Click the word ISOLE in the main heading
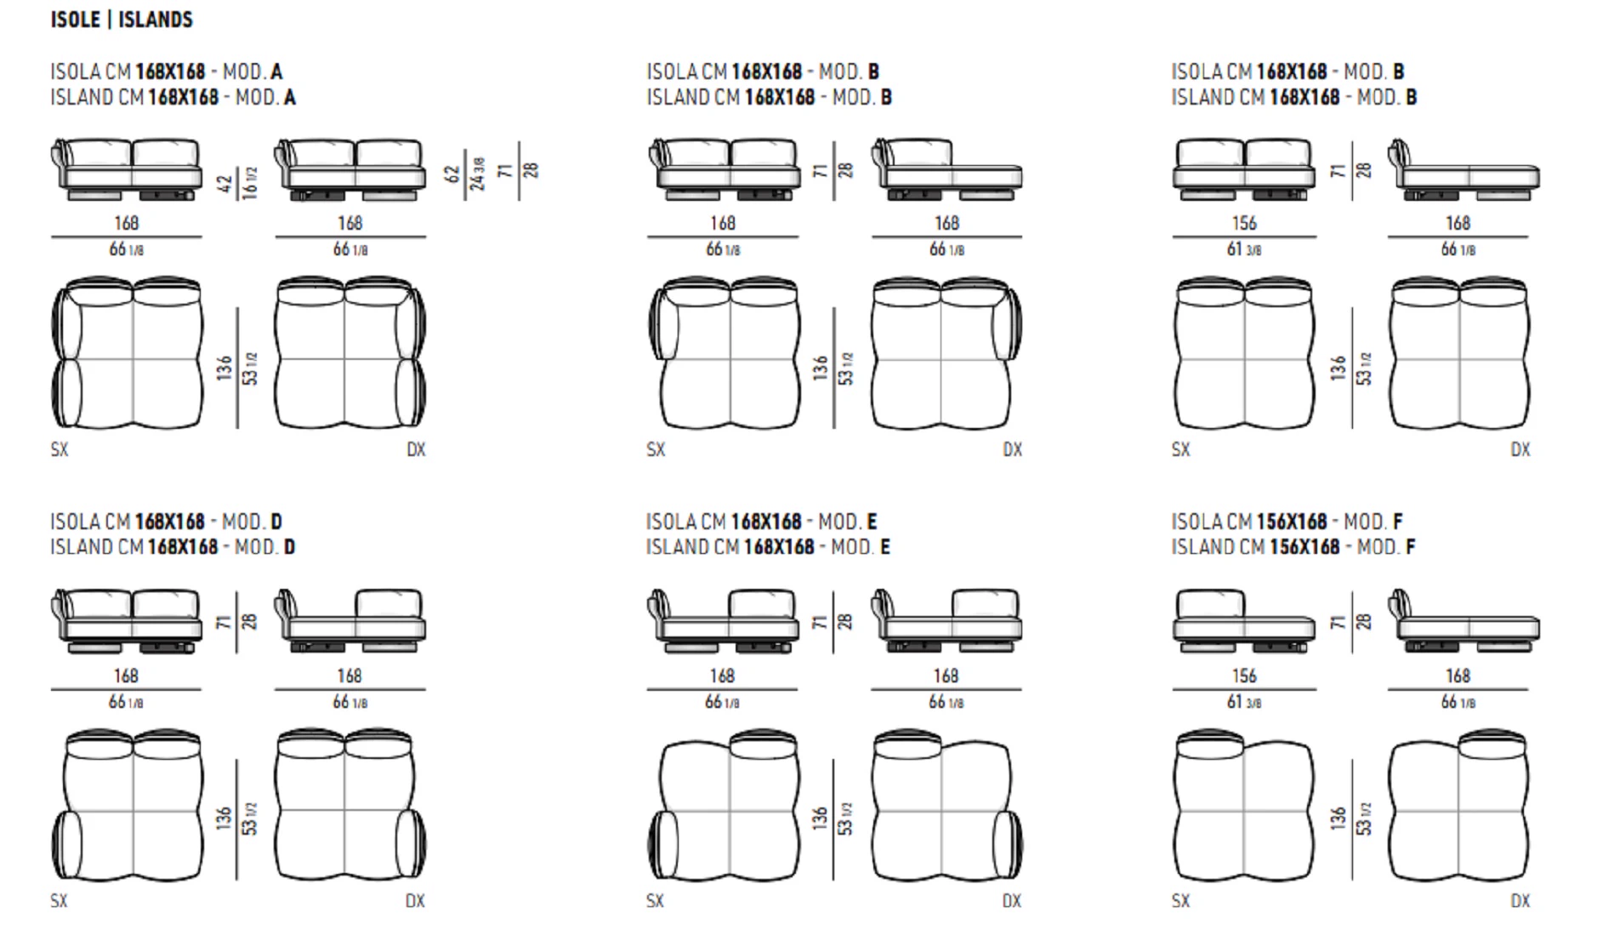(76, 20)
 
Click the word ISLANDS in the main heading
(156, 20)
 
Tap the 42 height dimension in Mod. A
(224, 184)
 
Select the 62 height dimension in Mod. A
(452, 174)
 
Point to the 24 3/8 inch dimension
(478, 174)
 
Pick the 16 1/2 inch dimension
(249, 184)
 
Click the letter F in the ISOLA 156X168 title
(1398, 521)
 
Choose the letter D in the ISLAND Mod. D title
(289, 547)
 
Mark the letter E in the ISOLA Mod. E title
(872, 521)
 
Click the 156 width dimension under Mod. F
(1243, 676)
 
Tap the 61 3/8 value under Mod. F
(1243, 702)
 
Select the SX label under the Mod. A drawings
(59, 449)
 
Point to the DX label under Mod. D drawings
(415, 900)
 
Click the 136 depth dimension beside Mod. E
(819, 819)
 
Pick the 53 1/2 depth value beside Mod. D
(249, 819)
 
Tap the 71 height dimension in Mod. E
(819, 622)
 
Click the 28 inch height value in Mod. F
(1363, 622)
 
